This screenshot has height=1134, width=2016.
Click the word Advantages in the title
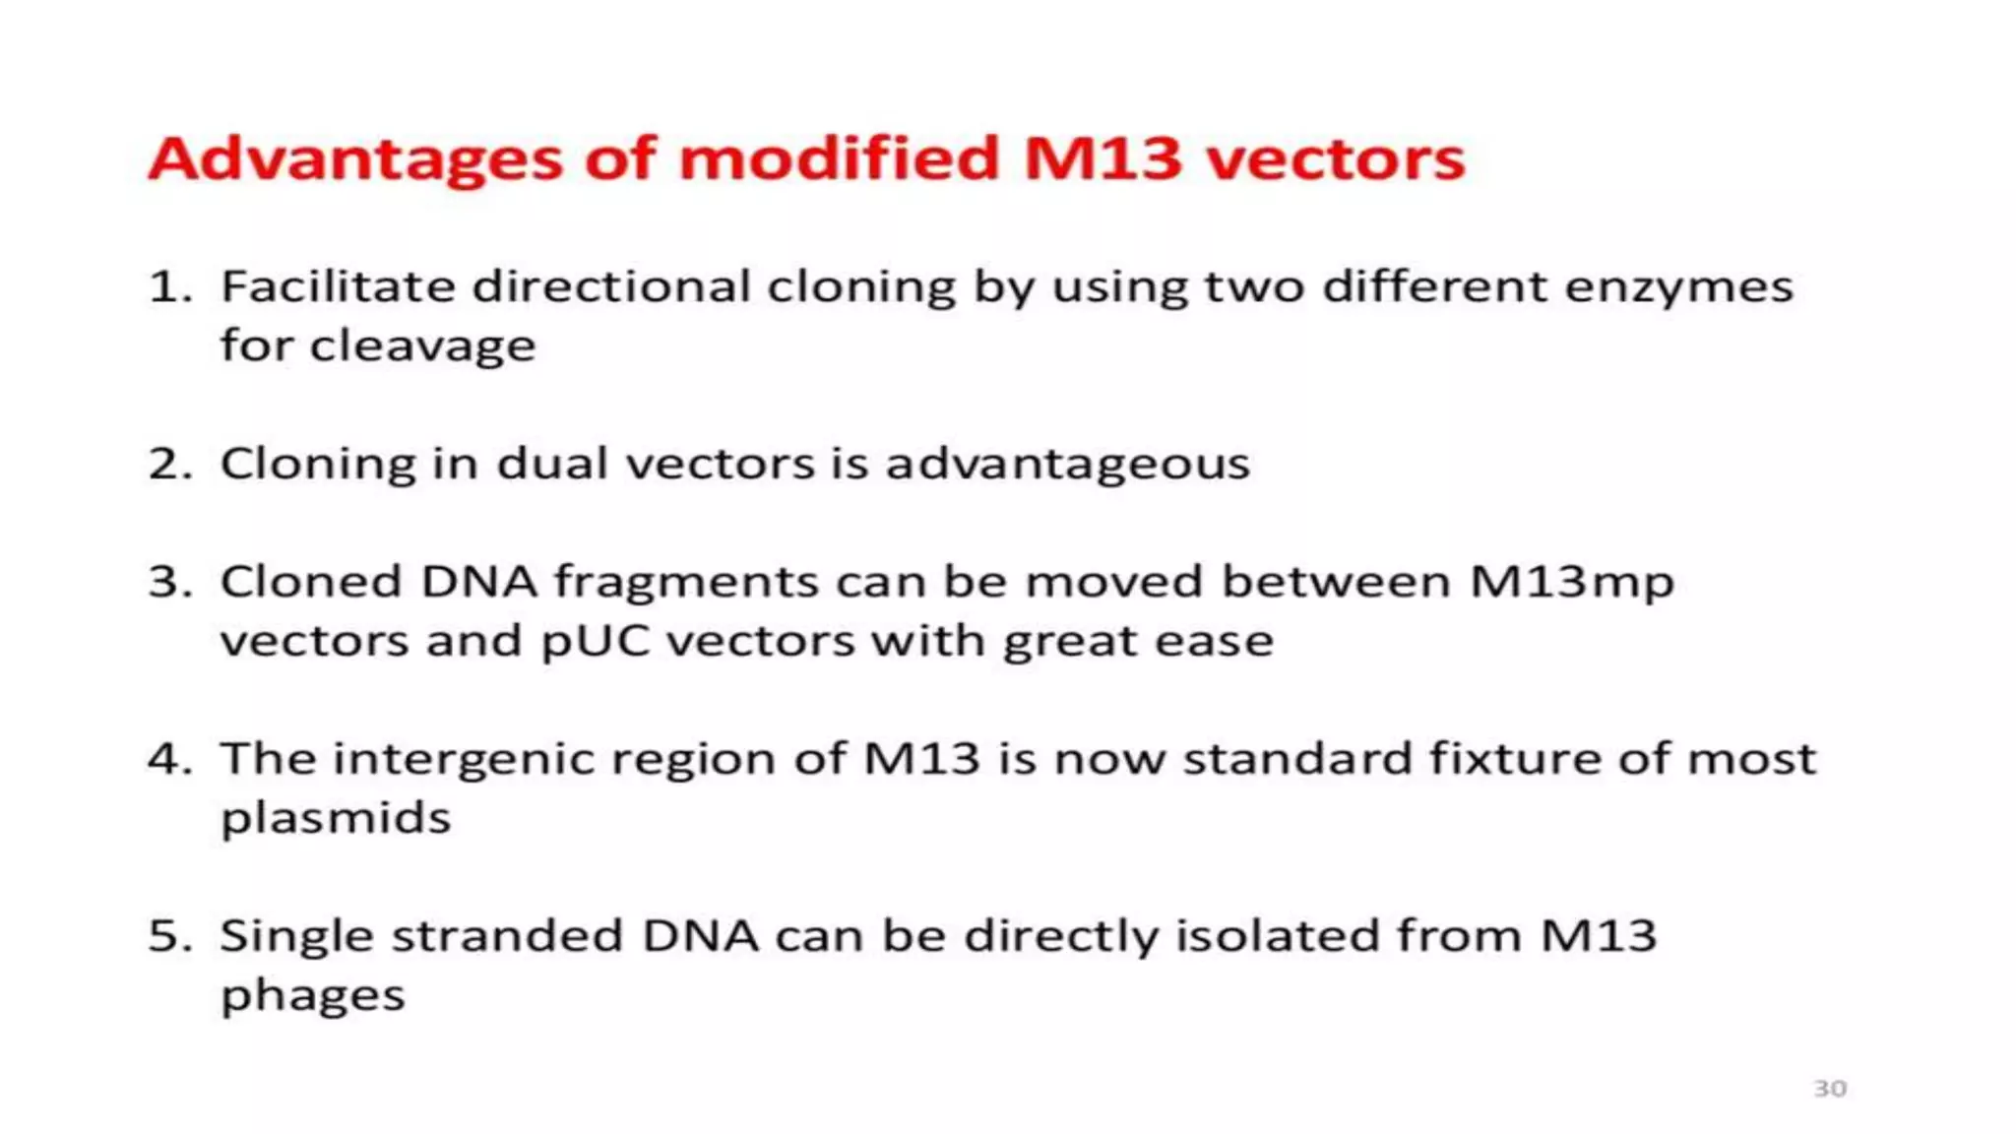coord(354,159)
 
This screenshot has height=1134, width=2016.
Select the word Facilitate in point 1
coord(337,287)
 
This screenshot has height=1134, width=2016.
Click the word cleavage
coord(422,346)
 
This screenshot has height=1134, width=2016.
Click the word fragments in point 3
coord(686,583)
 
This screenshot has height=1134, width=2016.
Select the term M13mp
coord(1571,582)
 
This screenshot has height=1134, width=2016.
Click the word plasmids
coord(336,819)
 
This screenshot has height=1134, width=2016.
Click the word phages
coord(313,996)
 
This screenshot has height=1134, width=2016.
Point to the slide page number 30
coord(1829,1089)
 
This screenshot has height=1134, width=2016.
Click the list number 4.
coord(167,759)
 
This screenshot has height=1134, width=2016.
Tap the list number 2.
coord(167,464)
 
